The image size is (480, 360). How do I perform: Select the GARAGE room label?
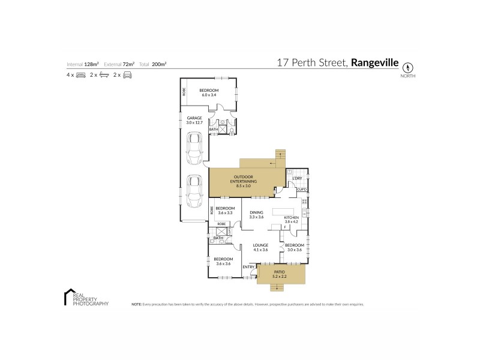coord(194,118)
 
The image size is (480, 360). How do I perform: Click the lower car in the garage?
coord(194,190)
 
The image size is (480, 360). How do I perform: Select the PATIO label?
coord(281,272)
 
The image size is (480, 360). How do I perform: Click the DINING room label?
coord(256,212)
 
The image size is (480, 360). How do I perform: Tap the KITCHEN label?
coord(292,217)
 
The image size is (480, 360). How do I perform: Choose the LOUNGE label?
coord(260,245)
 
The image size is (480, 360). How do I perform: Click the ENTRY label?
coord(248,266)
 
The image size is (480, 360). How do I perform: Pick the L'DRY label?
coord(296,179)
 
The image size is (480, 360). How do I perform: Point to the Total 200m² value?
coord(159,64)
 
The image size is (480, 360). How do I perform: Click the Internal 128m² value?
coord(91,64)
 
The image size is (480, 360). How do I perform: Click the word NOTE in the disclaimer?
coord(136,305)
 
